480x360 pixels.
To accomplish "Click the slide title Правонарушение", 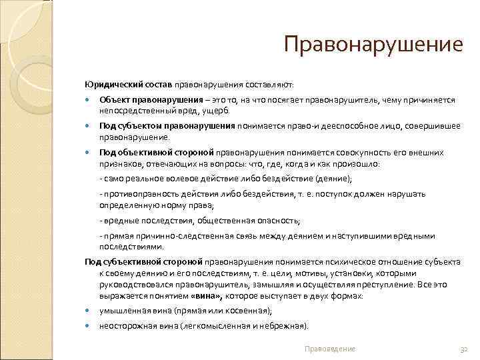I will [x=373, y=45].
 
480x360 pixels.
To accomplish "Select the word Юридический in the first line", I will [x=110, y=85].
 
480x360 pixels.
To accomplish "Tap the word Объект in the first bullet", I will [x=113, y=100].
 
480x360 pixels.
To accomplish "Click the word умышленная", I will [x=123, y=311].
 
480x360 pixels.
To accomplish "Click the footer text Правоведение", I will [x=329, y=349].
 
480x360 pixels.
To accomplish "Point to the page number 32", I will [x=465, y=349].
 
